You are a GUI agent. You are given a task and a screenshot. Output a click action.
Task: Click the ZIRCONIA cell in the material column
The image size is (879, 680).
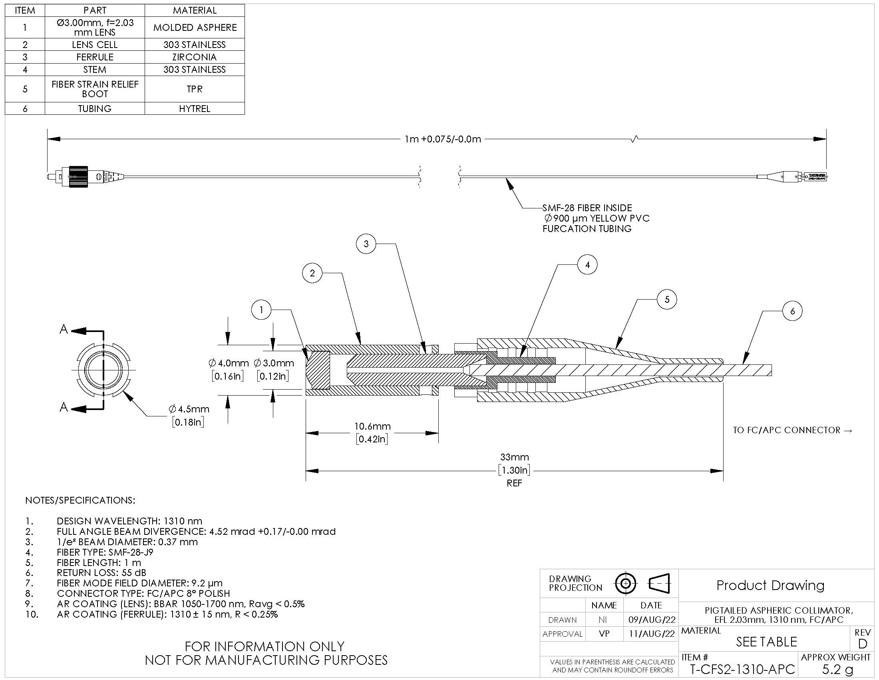coord(195,57)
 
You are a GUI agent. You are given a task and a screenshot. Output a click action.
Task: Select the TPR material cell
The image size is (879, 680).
coord(195,89)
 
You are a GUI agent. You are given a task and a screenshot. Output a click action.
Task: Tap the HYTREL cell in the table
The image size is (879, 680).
coord(195,108)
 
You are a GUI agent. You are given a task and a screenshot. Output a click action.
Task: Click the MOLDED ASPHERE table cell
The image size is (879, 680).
coord(195,27)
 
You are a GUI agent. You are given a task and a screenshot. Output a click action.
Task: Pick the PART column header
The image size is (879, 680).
coord(95,10)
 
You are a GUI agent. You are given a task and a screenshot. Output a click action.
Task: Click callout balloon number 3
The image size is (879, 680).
coord(366,244)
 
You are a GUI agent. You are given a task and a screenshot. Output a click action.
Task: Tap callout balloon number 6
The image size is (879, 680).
coord(792,311)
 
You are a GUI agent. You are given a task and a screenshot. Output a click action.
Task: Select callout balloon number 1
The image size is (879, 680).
coord(261,310)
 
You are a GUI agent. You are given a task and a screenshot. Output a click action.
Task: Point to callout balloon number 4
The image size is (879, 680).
coord(587,265)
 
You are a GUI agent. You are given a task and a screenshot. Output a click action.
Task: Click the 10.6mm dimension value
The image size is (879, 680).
coord(372,426)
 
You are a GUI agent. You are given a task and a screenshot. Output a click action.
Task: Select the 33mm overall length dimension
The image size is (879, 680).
coord(514,457)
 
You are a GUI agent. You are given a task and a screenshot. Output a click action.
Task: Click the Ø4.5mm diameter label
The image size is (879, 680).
coord(189,409)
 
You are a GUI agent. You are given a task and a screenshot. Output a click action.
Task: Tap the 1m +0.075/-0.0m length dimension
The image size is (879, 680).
coord(443,139)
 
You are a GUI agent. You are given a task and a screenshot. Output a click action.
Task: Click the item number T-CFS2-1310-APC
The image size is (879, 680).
coord(743,669)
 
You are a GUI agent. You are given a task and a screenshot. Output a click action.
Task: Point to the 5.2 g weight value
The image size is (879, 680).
coord(837,669)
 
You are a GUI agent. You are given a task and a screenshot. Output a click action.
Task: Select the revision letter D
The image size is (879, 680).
coord(863,644)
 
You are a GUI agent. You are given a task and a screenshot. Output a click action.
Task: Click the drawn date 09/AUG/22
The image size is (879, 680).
coord(652,620)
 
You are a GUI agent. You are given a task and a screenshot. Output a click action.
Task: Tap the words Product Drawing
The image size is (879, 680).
coord(770,585)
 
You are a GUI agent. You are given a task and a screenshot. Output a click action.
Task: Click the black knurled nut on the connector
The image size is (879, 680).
coord(78,176)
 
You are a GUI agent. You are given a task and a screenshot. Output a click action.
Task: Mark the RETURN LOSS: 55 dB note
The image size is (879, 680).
coord(101,572)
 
